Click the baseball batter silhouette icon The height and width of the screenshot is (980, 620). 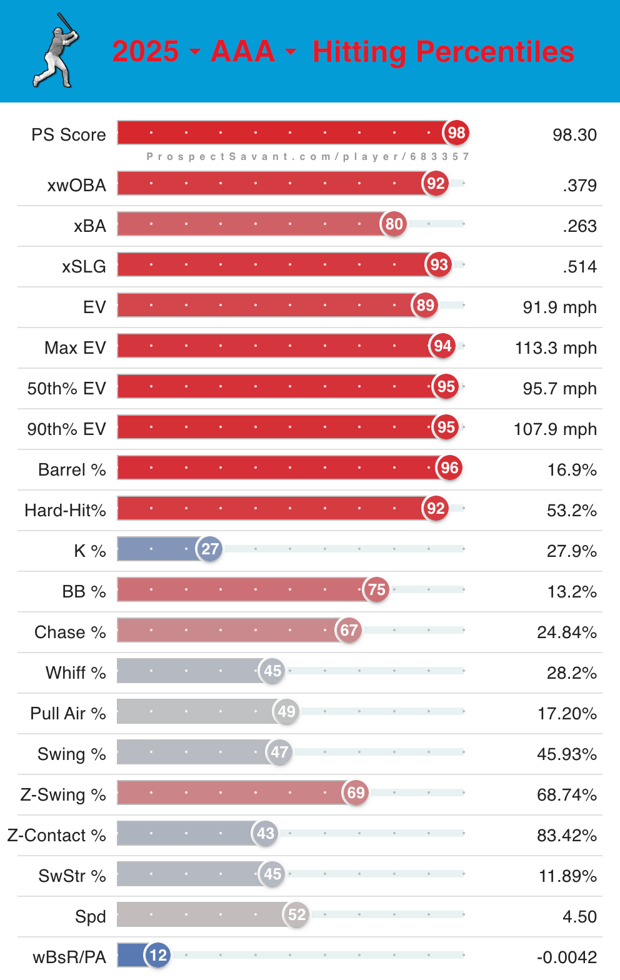56,51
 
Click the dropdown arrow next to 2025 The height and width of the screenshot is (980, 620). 195,51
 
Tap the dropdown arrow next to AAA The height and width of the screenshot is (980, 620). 291,51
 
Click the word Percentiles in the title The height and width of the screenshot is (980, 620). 495,52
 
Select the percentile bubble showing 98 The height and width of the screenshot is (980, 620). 456,132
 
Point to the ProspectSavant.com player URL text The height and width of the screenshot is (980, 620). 307,156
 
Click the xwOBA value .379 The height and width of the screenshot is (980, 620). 579,186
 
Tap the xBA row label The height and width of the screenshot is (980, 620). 90,226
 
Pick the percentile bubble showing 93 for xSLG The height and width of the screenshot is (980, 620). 439,264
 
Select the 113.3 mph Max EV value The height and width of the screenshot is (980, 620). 556,348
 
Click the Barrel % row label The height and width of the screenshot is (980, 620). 72,470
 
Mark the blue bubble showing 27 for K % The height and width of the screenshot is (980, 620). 210,549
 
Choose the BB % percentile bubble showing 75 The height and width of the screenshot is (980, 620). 376,589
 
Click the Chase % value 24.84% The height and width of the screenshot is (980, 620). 567,632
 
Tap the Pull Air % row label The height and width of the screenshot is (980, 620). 68,714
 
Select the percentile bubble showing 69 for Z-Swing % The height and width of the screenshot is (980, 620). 356,792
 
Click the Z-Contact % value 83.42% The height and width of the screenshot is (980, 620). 567,836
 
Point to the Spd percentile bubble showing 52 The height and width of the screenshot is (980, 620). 297,914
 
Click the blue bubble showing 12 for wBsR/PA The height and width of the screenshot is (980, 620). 158,955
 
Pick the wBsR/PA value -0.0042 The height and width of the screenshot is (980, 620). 567,957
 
